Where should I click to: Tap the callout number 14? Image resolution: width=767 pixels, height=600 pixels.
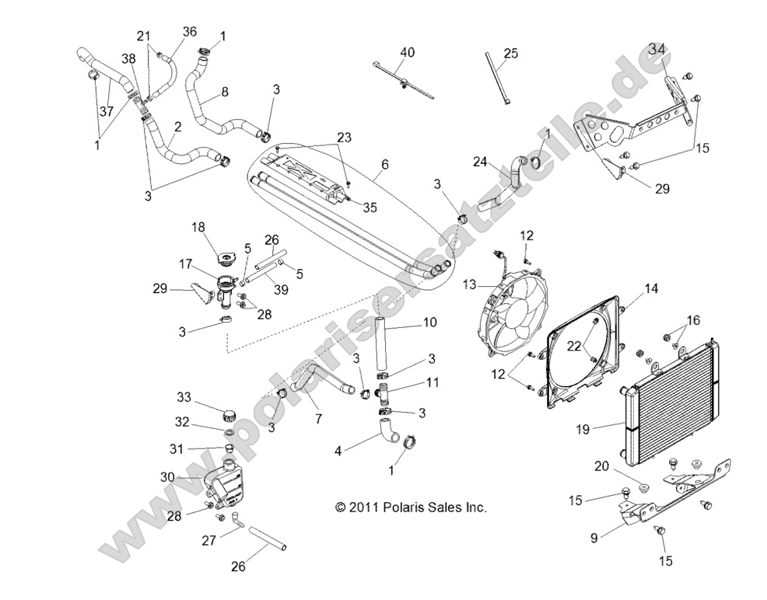pos(651,288)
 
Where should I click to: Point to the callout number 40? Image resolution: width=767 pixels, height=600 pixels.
pos(407,52)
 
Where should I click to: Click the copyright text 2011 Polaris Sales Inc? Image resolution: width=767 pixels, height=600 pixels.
pos(411,508)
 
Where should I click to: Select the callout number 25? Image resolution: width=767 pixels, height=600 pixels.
pos(510,53)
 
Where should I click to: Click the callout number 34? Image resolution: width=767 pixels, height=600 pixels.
pos(658,49)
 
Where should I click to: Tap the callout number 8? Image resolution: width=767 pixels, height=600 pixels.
pos(225,91)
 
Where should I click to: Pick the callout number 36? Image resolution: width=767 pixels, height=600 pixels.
pos(190,32)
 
